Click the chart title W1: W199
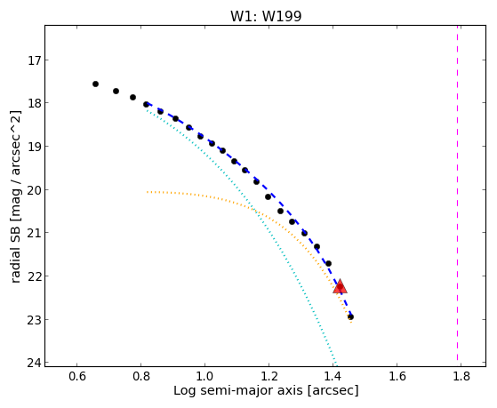point(266,16)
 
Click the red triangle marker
point(340,286)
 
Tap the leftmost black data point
point(95,84)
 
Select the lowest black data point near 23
point(350,316)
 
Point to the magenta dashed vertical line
point(457,193)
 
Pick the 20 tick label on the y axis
point(34,190)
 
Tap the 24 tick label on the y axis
point(34,363)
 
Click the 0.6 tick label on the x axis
point(77,376)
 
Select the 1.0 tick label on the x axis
point(204,376)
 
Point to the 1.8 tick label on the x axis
point(461,376)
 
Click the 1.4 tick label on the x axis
point(333,376)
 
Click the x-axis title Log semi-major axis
point(238,391)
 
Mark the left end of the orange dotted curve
point(147,192)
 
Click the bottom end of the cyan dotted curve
point(337,365)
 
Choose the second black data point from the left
point(116,91)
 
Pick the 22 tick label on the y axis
point(34,276)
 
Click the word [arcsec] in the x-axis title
point(333,391)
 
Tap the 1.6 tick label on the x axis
point(397,376)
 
